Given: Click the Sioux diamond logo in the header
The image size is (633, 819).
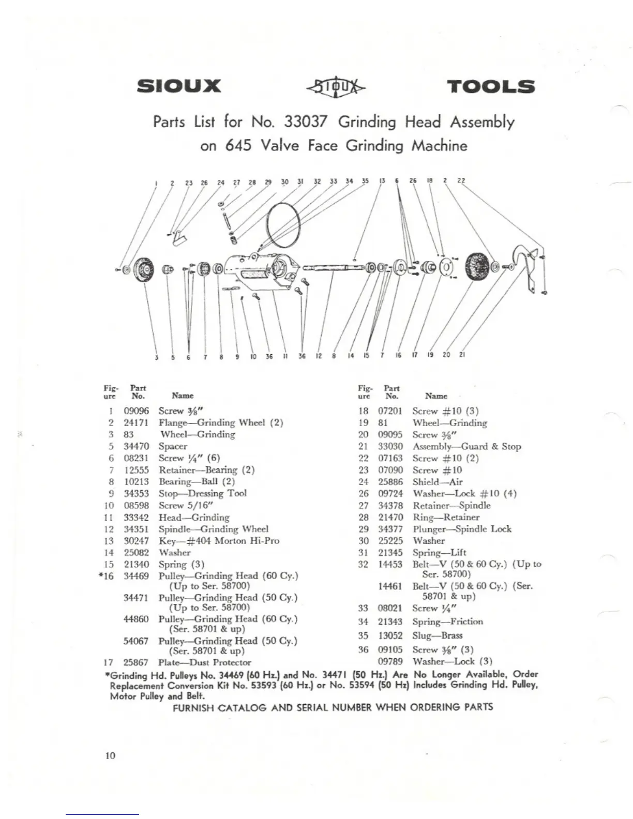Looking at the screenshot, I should click(336, 87).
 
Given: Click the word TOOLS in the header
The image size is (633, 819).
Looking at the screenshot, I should click(490, 86).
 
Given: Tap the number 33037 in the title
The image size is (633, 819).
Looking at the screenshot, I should click(305, 122).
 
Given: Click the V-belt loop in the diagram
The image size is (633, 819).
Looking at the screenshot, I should click(282, 224).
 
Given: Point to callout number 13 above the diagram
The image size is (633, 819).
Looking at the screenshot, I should click(382, 181).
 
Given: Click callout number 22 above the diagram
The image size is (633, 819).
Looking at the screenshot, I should click(461, 181).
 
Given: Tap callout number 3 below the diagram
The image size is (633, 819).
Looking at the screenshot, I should click(157, 356).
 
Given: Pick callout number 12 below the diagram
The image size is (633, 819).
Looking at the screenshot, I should click(319, 356).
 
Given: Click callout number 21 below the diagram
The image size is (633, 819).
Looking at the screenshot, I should click(462, 355).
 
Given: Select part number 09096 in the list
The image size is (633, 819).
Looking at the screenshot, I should click(136, 411).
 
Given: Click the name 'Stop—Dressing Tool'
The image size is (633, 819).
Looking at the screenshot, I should click(202, 493).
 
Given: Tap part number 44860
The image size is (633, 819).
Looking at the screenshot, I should click(136, 619).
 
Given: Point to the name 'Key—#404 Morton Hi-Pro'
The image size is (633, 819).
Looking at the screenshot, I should click(219, 541).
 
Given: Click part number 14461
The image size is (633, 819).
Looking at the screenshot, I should click(390, 586).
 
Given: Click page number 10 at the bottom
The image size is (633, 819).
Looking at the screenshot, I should click(110, 755).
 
